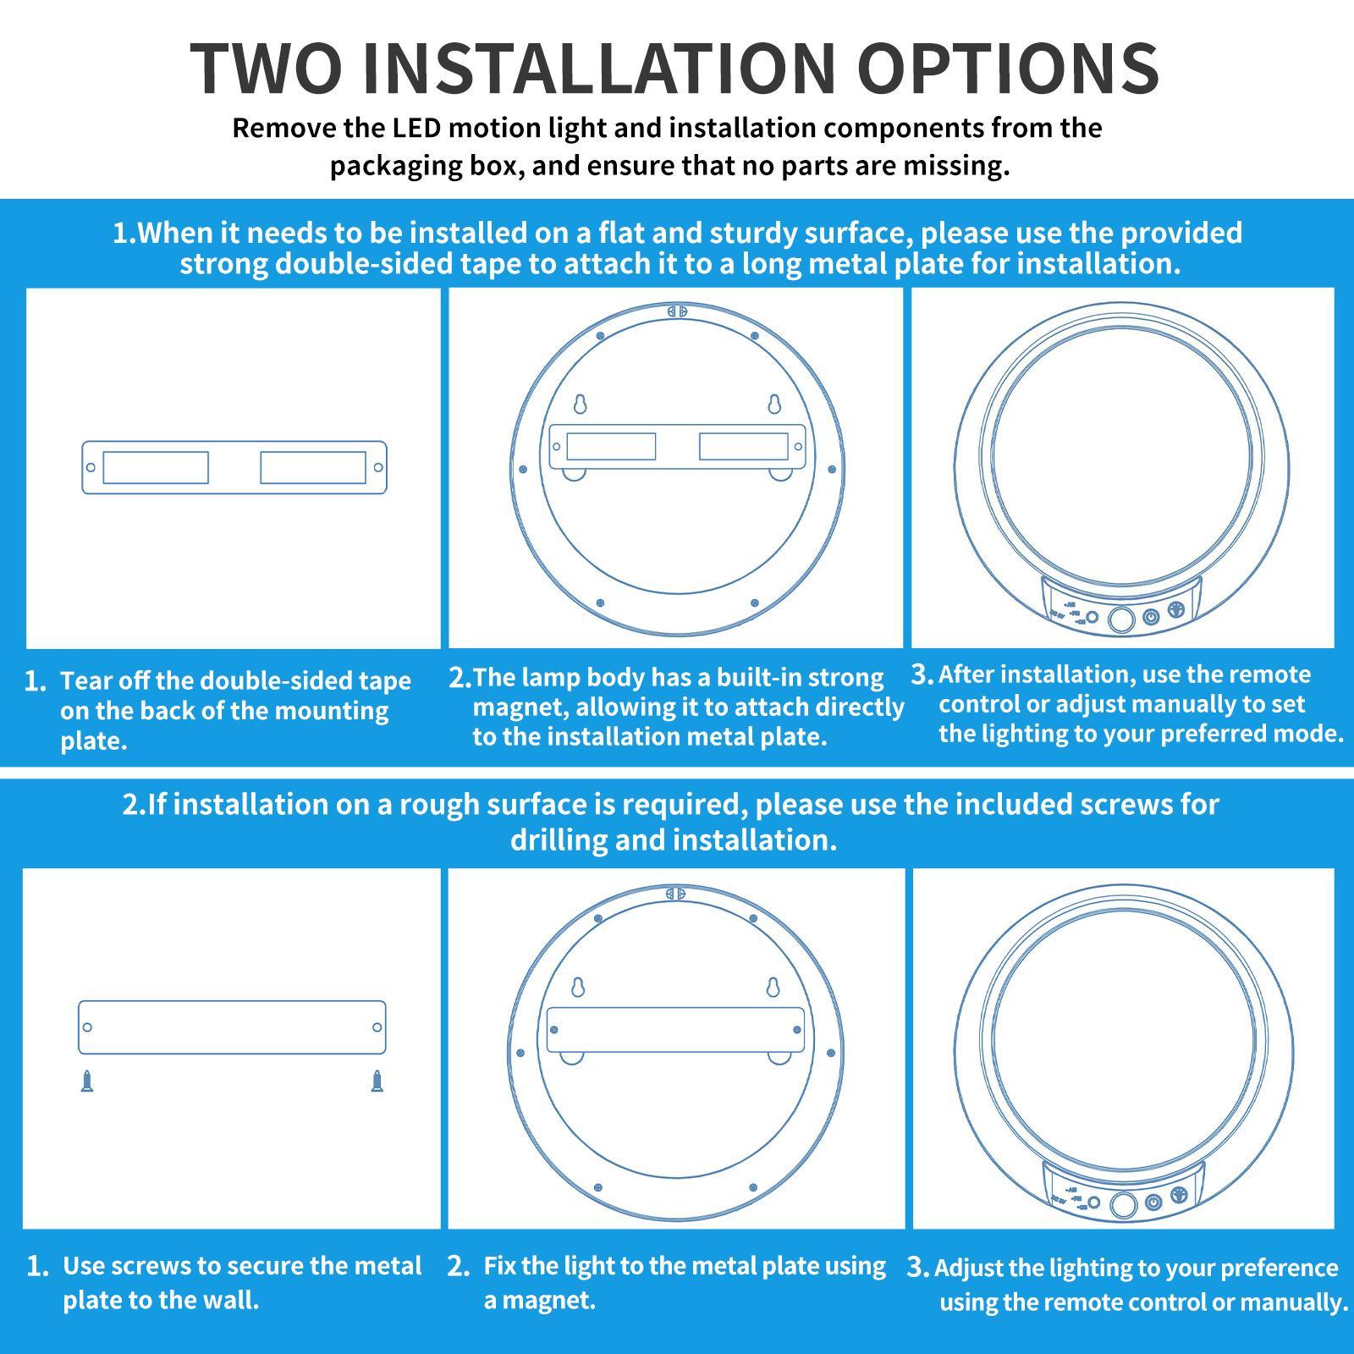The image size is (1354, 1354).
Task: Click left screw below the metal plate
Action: coord(87,1082)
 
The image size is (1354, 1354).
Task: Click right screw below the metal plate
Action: coord(377,1082)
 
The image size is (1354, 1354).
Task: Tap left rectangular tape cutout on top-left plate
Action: coord(156,467)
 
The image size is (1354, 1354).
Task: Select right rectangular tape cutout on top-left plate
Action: coord(312,467)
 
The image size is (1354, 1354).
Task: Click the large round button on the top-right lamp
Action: coord(1120,619)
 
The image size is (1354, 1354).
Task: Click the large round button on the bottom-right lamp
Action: coord(1124,1205)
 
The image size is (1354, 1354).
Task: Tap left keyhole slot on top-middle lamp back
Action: coord(580,405)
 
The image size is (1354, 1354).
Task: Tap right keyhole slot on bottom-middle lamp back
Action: coord(773,988)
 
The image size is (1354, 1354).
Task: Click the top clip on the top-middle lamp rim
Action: coord(676,311)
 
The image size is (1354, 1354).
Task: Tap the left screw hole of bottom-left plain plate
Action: coord(87,1027)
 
